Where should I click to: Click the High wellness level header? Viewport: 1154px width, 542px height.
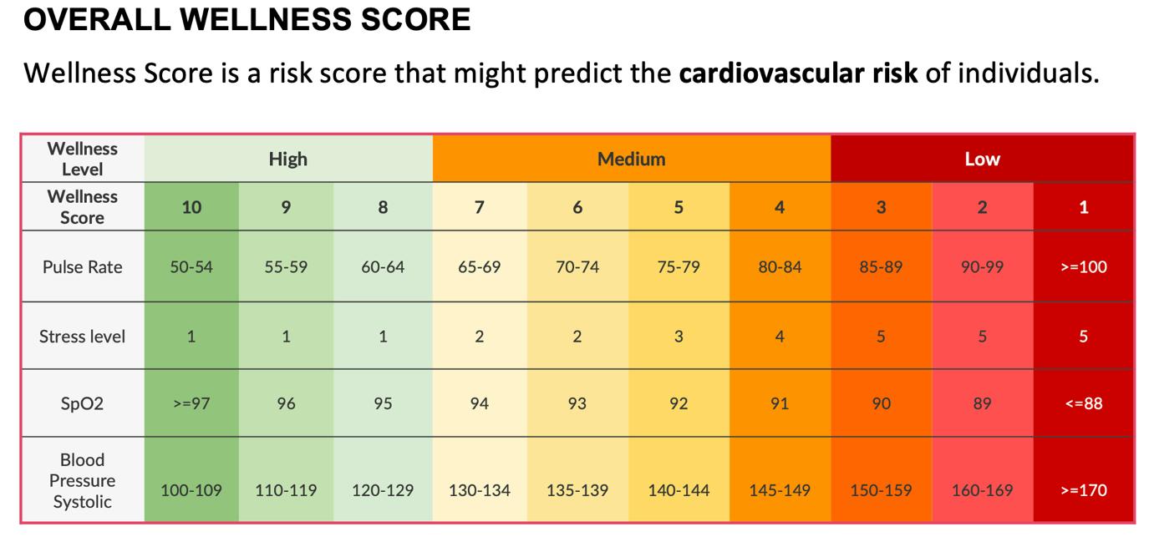click(287, 159)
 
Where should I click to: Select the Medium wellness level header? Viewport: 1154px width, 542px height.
click(631, 159)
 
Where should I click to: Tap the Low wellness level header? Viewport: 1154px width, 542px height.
click(982, 159)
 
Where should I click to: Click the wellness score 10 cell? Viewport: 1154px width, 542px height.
click(191, 207)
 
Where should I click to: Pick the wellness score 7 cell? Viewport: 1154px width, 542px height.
click(479, 207)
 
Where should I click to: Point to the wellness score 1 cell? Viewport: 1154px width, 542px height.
click(1083, 207)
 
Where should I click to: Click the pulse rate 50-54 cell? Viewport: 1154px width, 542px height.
click(191, 267)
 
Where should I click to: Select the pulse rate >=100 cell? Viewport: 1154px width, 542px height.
click(1083, 267)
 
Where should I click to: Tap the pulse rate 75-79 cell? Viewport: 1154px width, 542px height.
click(678, 267)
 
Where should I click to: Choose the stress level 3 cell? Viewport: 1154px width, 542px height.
click(678, 337)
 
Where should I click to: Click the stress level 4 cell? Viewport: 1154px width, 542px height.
click(779, 337)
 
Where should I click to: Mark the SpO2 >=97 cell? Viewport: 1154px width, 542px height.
click(191, 403)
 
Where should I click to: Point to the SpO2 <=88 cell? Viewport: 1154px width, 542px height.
click(1083, 403)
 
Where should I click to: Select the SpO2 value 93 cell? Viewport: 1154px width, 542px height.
click(577, 403)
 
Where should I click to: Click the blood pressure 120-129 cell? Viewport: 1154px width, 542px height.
click(382, 490)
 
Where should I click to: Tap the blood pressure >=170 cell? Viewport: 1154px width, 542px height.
click(1083, 490)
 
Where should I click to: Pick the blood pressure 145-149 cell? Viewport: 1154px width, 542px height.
click(779, 490)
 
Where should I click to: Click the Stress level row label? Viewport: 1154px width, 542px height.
click(82, 337)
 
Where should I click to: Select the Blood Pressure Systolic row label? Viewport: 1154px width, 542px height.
click(82, 481)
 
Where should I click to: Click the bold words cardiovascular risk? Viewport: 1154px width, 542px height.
click(798, 73)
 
